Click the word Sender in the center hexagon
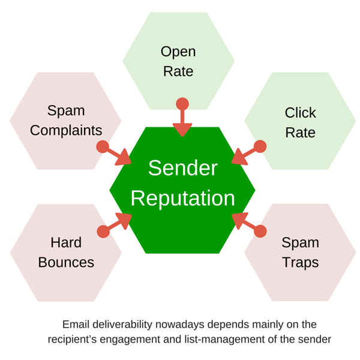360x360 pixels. click(x=183, y=168)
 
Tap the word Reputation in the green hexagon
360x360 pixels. click(x=183, y=198)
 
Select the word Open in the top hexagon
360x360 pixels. click(x=178, y=52)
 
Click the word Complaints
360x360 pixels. click(x=66, y=131)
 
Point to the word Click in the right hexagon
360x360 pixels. click(x=301, y=113)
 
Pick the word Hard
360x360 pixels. click(x=66, y=242)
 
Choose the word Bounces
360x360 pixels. click(x=66, y=262)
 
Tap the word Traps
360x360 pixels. click(x=301, y=263)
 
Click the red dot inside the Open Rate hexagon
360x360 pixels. click(x=182, y=104)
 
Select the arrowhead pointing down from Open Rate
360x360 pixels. click(x=182, y=130)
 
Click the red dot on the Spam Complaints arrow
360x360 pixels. click(x=103, y=147)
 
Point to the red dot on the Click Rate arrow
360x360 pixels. click(x=260, y=146)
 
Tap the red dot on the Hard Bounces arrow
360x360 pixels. click(x=103, y=232)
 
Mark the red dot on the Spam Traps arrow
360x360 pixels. click(x=260, y=231)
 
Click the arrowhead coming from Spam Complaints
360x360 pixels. click(x=124, y=158)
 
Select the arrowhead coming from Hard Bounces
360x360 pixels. click(x=124, y=221)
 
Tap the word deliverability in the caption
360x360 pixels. click(x=122, y=325)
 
